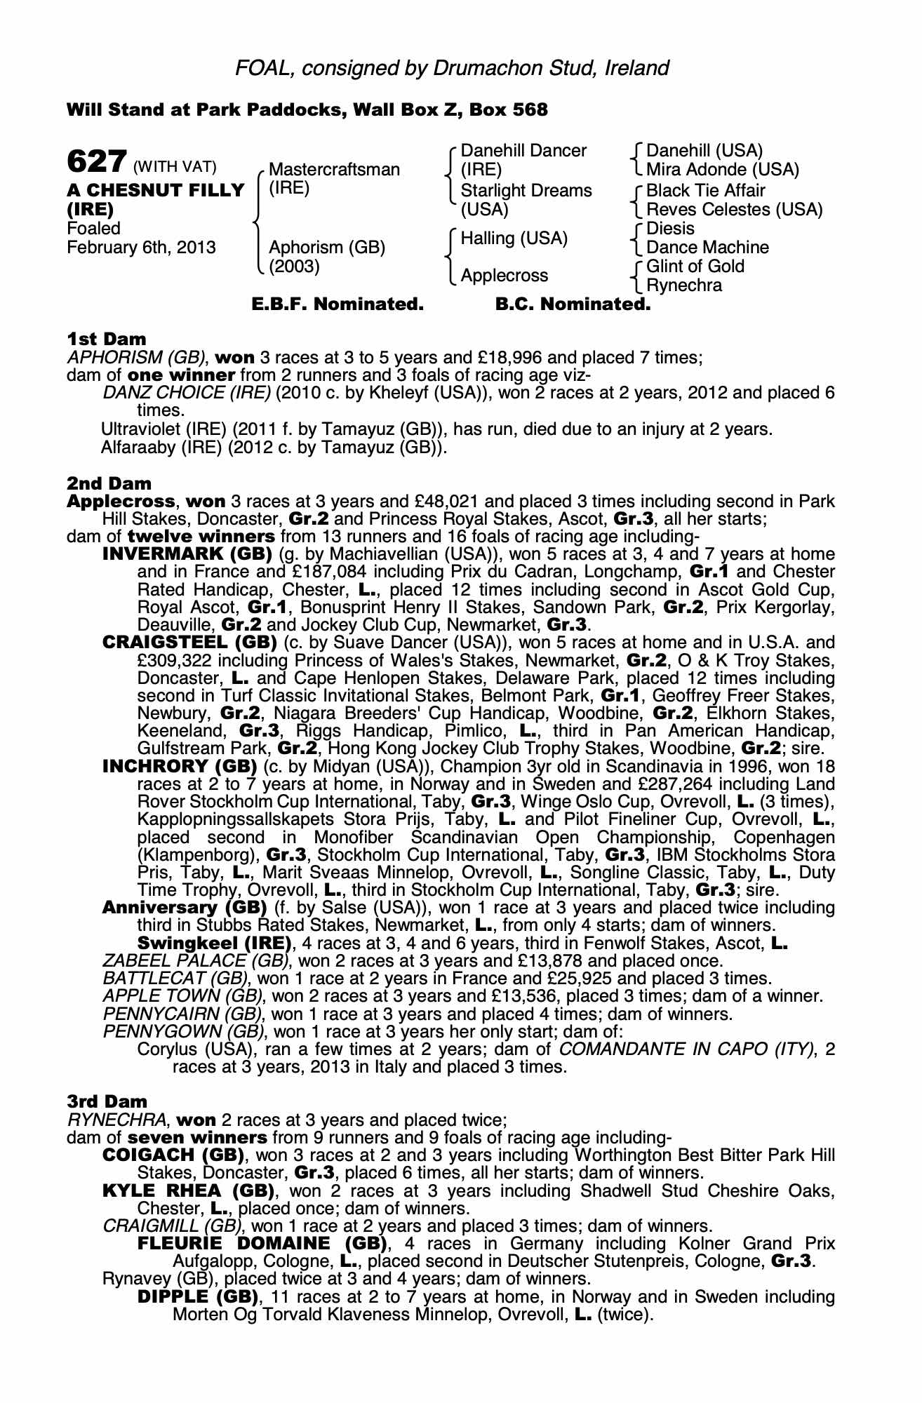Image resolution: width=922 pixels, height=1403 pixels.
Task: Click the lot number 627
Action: pos(96,162)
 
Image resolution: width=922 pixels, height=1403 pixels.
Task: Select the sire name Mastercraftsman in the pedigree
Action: pos(334,170)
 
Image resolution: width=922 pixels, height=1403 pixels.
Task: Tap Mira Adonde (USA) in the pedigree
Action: pos(722,170)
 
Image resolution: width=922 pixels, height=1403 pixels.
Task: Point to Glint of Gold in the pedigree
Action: pos(695,267)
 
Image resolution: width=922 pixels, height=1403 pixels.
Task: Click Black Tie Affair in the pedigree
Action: pos(705,191)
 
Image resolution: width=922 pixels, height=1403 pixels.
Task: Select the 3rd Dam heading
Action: pos(107,1102)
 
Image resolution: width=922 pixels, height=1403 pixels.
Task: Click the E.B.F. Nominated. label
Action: pos(338,304)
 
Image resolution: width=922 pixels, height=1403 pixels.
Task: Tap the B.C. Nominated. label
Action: pos(573,304)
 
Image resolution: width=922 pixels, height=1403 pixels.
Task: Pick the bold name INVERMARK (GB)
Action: pos(187,554)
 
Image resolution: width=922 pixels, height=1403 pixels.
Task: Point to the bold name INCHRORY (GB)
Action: pos(182,766)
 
